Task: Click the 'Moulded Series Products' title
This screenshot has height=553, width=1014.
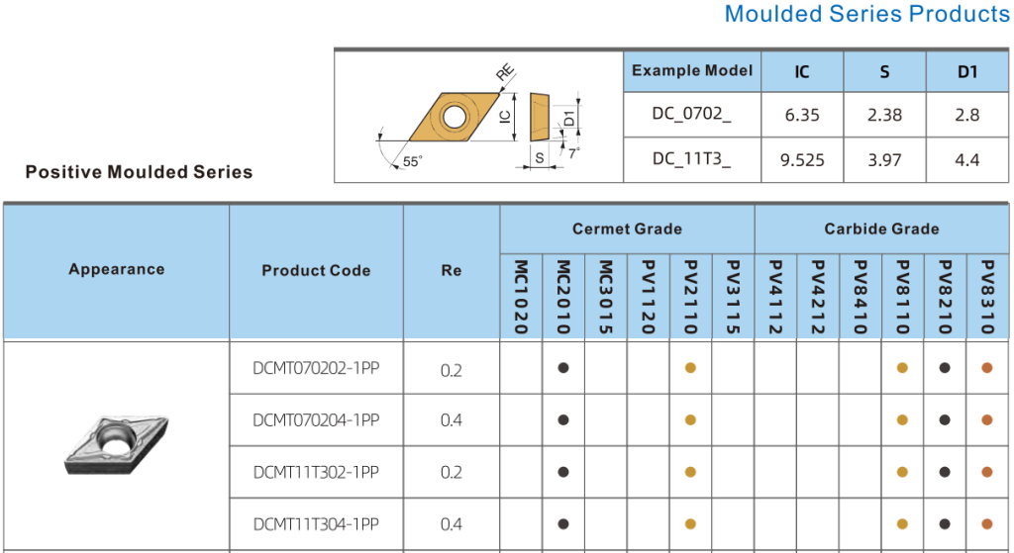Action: pos(866,14)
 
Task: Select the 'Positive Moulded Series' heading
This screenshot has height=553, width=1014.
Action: pos(139,172)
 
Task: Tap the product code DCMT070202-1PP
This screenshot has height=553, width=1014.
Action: pos(316,368)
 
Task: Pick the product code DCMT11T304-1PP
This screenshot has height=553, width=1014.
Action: pos(316,523)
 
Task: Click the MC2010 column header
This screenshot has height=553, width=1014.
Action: pos(563,297)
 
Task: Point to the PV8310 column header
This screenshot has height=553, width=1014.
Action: pos(986,297)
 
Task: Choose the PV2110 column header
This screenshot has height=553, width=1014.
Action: pos(690,297)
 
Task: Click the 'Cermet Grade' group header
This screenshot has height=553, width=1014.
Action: pos(627,229)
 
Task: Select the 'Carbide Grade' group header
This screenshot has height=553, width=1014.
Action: pos(881,229)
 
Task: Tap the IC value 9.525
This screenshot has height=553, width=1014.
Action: pos(802,160)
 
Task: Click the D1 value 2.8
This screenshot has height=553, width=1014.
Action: pos(967,115)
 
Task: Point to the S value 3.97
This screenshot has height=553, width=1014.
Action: pos(884,160)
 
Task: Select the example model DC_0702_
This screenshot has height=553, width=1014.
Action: pos(691,115)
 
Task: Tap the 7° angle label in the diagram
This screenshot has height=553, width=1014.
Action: pos(573,153)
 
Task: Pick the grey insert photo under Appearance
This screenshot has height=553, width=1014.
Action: pos(116,444)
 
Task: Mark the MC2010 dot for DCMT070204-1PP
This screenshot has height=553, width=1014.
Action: pos(563,419)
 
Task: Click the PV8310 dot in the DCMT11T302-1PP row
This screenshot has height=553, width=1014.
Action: pos(986,472)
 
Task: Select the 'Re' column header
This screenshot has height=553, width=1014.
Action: pos(451,270)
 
